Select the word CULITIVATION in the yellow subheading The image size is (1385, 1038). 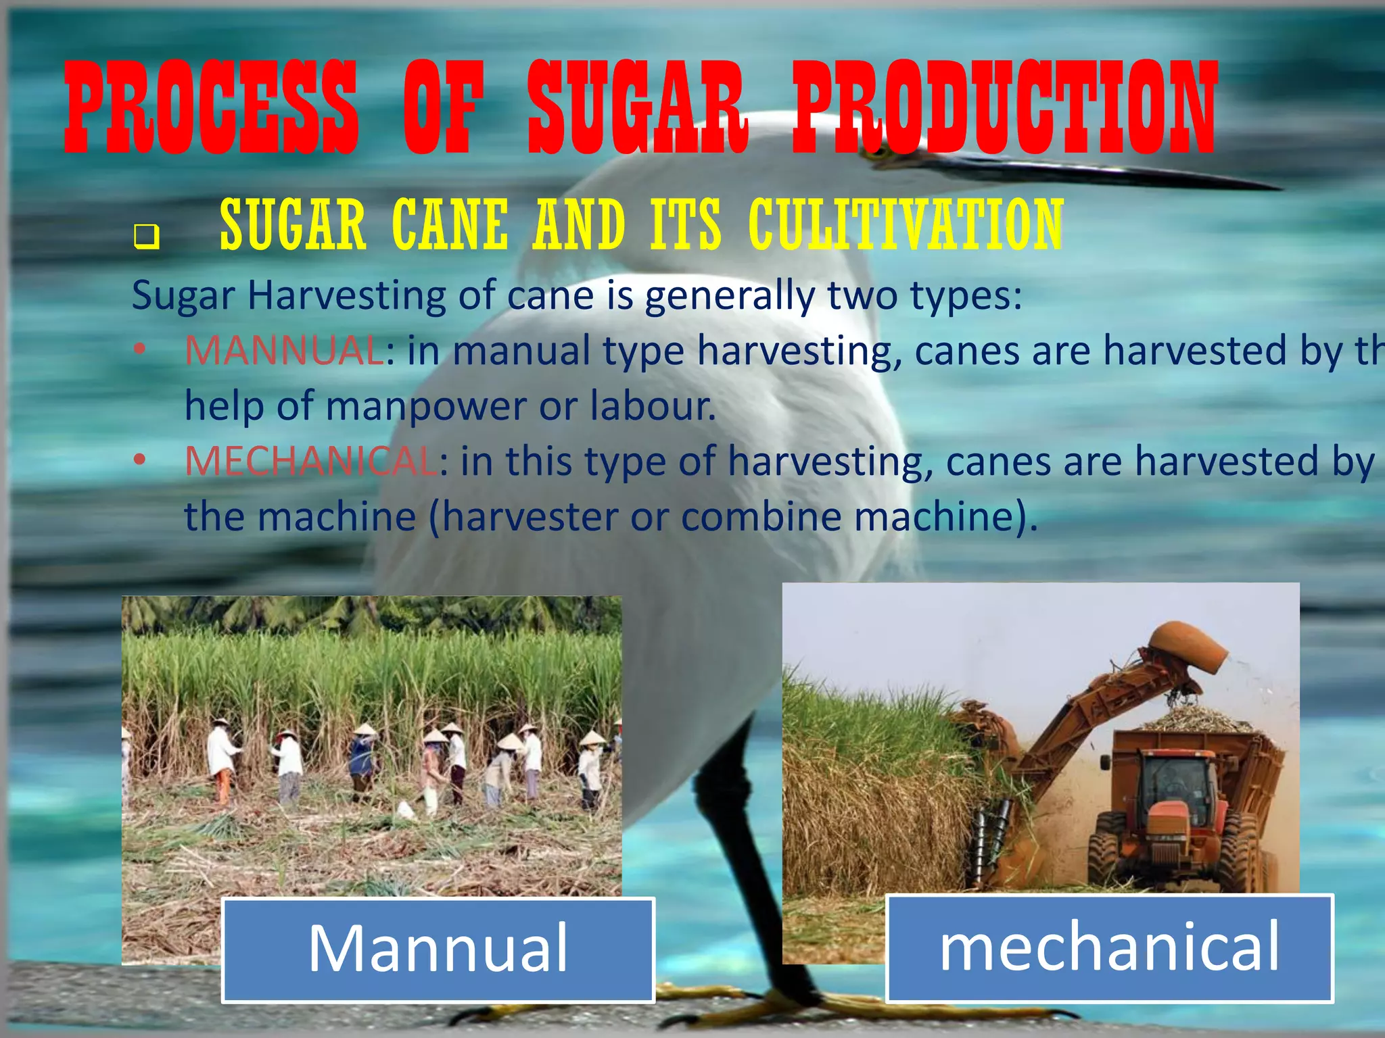pyautogui.click(x=906, y=225)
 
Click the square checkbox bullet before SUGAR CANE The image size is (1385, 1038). pyautogui.click(x=146, y=237)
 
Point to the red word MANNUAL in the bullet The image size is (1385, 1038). pyautogui.click(x=284, y=351)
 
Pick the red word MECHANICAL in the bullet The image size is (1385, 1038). pyautogui.click(x=311, y=462)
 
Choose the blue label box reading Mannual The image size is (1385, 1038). pyautogui.click(x=438, y=949)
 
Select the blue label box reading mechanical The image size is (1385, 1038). pyautogui.click(x=1109, y=947)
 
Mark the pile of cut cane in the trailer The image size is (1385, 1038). pyautogui.click(x=1197, y=720)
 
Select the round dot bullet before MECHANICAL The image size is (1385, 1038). pyautogui.click(x=139, y=460)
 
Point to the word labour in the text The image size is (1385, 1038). pyautogui.click(x=652, y=406)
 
